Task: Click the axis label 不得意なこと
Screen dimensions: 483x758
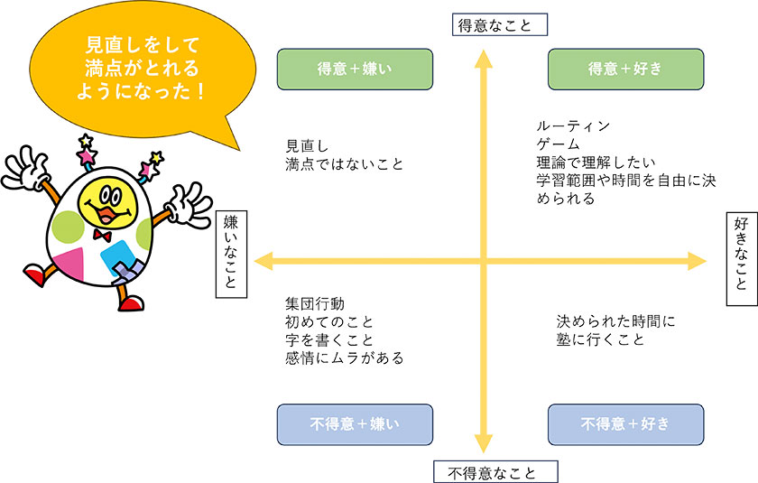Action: pos(496,472)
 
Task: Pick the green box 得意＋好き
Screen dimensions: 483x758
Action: pos(624,69)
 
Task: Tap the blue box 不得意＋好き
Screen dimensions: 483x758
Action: pos(624,423)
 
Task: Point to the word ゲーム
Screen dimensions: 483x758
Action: pos(556,144)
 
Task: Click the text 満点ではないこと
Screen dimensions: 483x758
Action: pos(343,163)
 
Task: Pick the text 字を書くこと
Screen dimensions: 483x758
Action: pos(329,339)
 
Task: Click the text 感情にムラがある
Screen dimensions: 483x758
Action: pos(344,358)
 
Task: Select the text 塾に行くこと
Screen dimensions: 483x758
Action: pos(600,339)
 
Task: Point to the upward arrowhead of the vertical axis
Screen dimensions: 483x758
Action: pos(485,60)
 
